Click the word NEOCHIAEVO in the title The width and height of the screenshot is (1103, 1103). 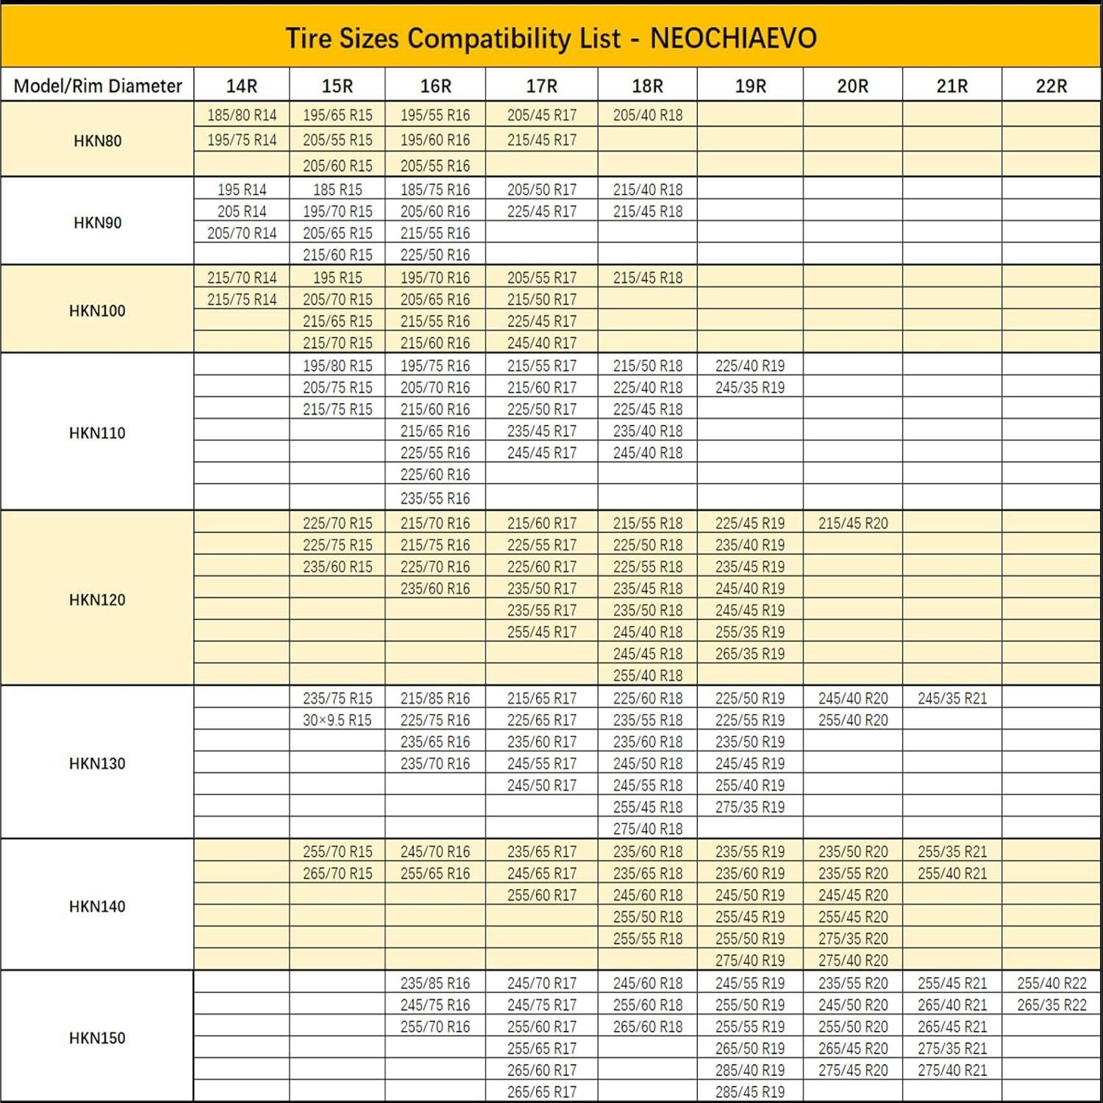pyautogui.click(x=733, y=38)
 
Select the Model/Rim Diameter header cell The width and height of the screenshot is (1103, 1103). pyautogui.click(x=98, y=86)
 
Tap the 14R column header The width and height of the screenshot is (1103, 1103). pyautogui.click(x=241, y=86)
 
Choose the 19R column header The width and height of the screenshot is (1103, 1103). pyautogui.click(x=750, y=86)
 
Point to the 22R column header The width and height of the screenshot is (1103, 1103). pyautogui.click(x=1051, y=86)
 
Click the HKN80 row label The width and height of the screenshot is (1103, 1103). pyautogui.click(x=97, y=140)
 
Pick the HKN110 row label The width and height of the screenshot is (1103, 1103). pyautogui.click(x=97, y=433)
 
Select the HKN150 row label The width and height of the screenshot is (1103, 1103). pyautogui.click(x=97, y=1038)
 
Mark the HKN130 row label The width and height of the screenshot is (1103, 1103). pyautogui.click(x=97, y=763)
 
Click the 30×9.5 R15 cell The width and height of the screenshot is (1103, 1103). pyautogui.click(x=337, y=721)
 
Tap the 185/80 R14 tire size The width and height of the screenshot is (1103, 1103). pyautogui.click(x=242, y=115)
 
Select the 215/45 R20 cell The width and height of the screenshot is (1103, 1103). pyautogui.click(x=853, y=524)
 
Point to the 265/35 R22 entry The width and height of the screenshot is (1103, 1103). pyautogui.click(x=1052, y=1005)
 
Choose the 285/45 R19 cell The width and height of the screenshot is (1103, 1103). pyautogui.click(x=750, y=1092)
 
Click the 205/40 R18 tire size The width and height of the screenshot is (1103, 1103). pyautogui.click(x=647, y=115)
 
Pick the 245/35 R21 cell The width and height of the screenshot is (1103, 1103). pyautogui.click(x=952, y=699)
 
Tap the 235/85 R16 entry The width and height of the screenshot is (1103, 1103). pyautogui.click(x=435, y=983)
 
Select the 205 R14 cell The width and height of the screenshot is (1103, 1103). pyautogui.click(x=242, y=212)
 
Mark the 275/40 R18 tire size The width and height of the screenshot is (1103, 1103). pyautogui.click(x=647, y=829)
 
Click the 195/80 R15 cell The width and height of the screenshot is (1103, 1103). pyautogui.click(x=337, y=366)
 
